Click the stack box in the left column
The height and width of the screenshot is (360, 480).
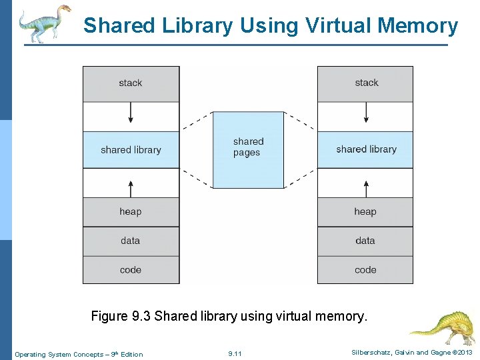coord(131,83)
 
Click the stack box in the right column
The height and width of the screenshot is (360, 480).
coord(365,83)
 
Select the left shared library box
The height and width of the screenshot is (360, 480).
coord(131,149)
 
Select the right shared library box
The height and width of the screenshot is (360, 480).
coord(365,149)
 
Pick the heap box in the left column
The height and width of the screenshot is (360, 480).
coord(131,211)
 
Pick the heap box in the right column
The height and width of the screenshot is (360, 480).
coord(365,211)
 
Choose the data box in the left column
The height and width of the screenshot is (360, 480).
coord(131,241)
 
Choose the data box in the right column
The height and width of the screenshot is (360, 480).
coord(365,241)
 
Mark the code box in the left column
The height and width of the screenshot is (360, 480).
coord(131,270)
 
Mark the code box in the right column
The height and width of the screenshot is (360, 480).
coord(365,270)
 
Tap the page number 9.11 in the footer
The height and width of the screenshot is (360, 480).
coord(235,353)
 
